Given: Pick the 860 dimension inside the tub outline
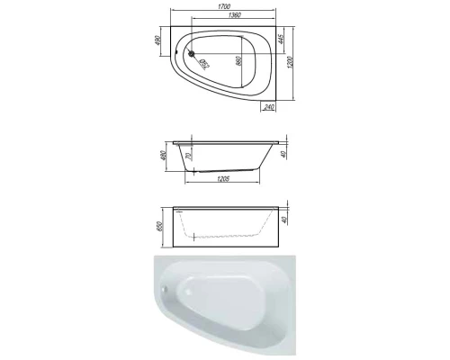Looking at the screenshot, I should pos(238,60).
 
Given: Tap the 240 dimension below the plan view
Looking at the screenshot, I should pos(270,107).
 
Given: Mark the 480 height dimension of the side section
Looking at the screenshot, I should pos(165,157).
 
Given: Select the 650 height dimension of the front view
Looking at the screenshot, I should pos(165,223).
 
